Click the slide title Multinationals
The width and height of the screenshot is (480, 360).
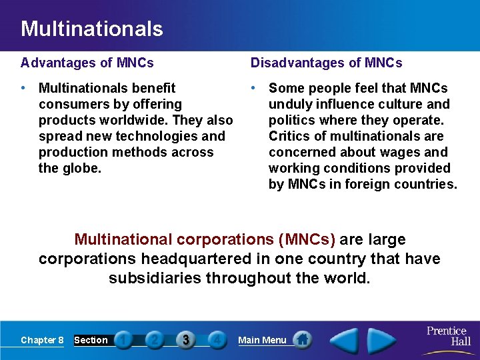click(91, 29)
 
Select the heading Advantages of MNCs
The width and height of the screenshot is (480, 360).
click(87, 63)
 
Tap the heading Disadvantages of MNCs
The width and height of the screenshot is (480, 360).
click(326, 63)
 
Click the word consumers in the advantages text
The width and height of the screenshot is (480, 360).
click(71, 104)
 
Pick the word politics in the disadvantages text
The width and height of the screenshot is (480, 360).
click(292, 120)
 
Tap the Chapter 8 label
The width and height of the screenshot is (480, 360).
click(42, 340)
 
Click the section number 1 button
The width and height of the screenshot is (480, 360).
click(123, 340)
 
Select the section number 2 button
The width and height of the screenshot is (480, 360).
click(154, 340)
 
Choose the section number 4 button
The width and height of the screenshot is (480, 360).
click(216, 340)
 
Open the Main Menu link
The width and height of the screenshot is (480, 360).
click(262, 340)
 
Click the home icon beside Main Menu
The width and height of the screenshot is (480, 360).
click(303, 339)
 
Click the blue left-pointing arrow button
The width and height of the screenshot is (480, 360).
click(344, 340)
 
